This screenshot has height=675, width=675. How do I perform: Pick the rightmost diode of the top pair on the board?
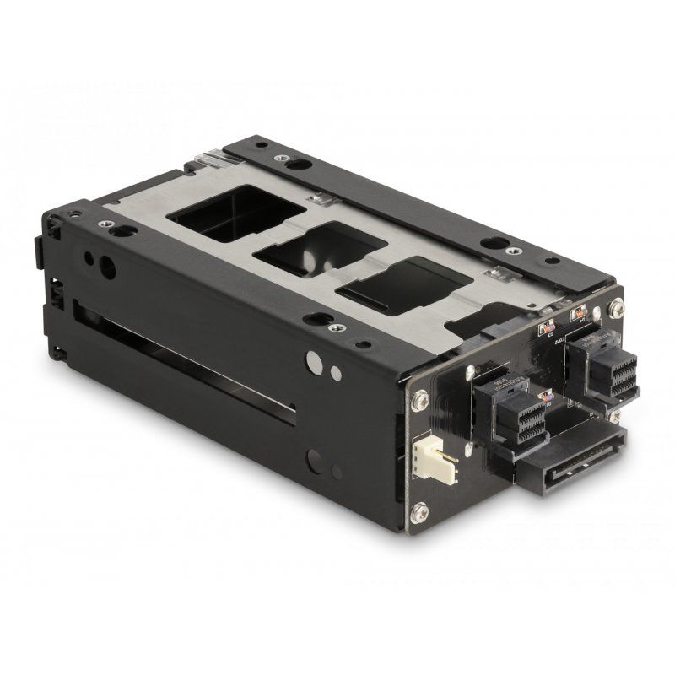(x=580, y=316)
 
